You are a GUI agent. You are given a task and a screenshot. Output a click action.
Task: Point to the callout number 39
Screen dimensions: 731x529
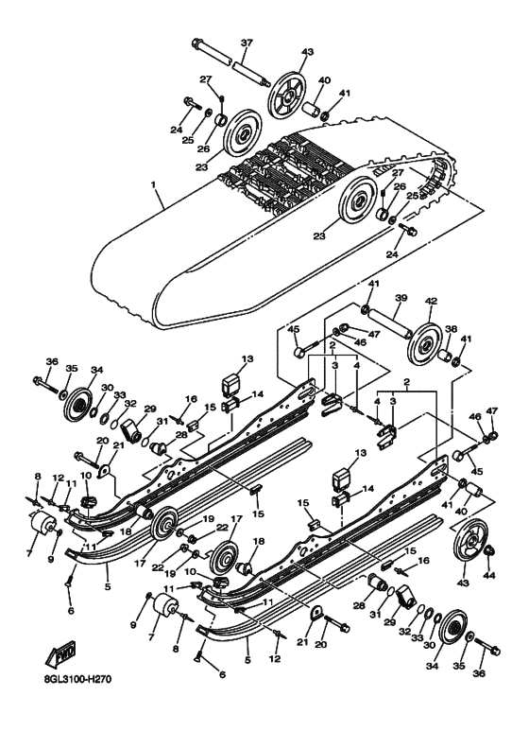point(400,297)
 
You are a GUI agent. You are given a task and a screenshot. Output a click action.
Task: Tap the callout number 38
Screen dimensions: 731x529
point(450,331)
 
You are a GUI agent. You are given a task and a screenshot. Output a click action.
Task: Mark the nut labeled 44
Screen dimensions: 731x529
point(489,552)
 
